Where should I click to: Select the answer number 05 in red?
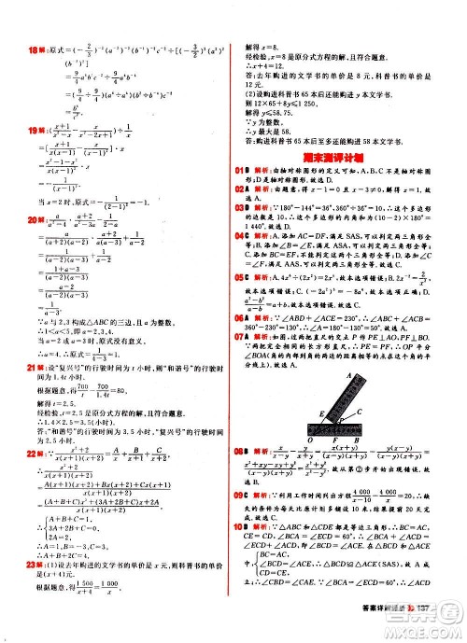click(241, 277)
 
